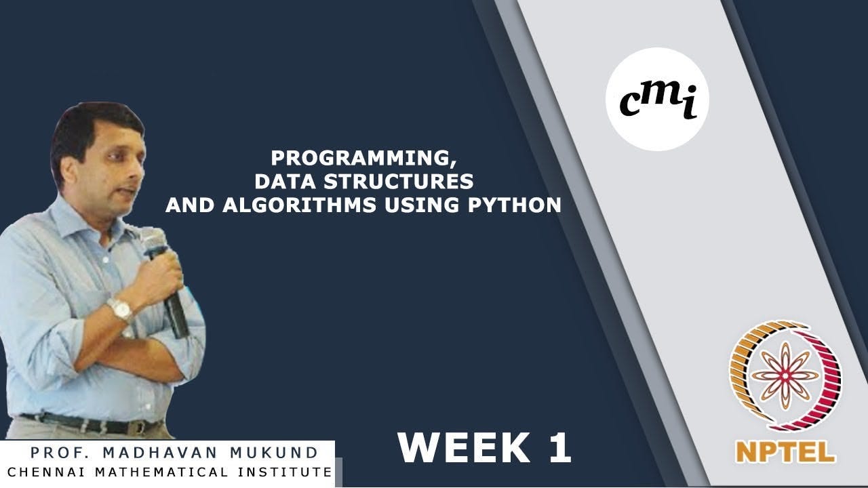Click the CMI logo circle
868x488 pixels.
click(656, 99)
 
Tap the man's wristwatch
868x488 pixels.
click(121, 309)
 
